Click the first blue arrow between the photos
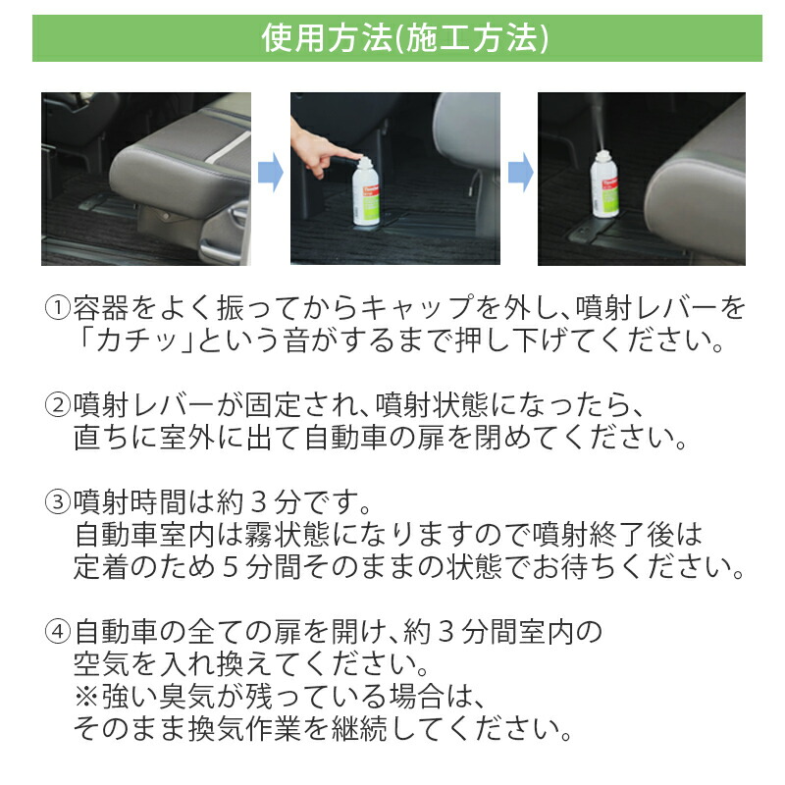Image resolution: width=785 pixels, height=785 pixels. (x=270, y=175)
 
